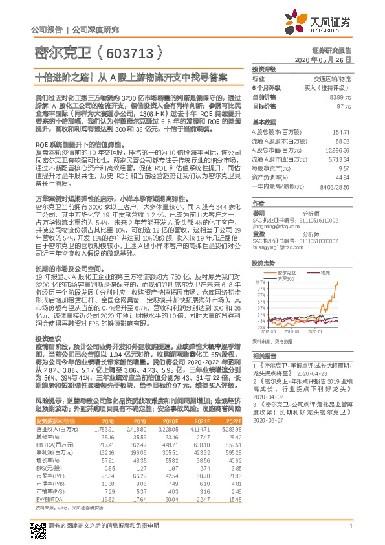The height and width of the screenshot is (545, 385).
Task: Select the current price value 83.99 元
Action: click(x=340, y=96)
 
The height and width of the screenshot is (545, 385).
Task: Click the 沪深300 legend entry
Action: click(x=285, y=279)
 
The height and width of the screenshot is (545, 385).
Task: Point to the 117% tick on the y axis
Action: click(x=261, y=283)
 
